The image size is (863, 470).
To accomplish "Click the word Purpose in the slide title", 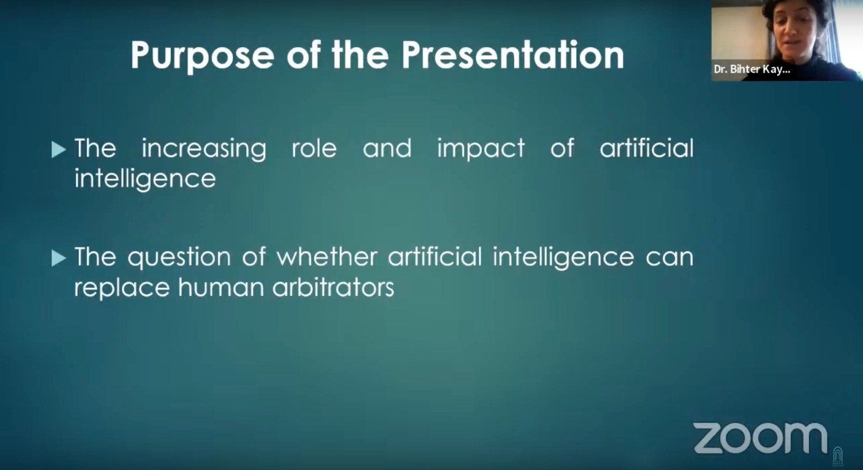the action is coord(202,56).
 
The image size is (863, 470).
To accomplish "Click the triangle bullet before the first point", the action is coord(59,150).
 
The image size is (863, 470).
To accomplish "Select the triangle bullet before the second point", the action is coord(59,258).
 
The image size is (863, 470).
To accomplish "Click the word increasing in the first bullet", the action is coord(204,149).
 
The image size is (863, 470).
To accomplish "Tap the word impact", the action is coord(481,149).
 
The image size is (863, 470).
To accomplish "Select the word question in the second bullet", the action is coord(179,258).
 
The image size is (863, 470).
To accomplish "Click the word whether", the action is coord(327,257).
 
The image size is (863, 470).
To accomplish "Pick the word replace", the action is coord(122,288).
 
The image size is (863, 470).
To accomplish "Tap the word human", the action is coord(221,287).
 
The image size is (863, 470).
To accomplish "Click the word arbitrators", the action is coord(333,287).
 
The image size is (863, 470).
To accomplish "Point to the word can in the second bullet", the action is coord(669,258).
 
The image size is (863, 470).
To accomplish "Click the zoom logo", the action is coord(760,438).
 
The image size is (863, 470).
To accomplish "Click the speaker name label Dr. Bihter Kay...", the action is coord(752,70).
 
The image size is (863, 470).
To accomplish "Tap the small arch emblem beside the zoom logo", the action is coord(838,457).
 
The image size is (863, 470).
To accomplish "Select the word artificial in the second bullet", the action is coord(435,257).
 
